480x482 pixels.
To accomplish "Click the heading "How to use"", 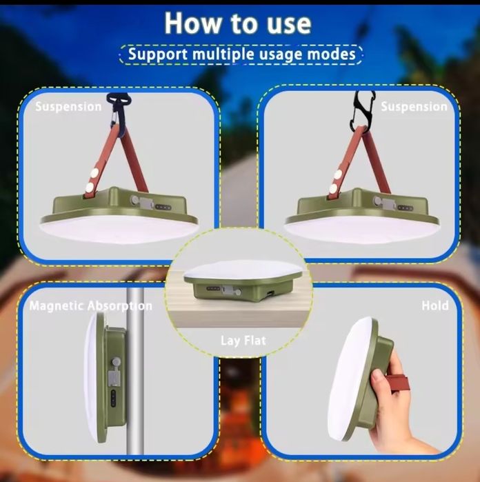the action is (x=238, y=23).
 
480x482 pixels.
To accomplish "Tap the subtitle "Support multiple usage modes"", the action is (x=241, y=54).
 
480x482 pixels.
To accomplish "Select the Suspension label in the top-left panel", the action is (x=68, y=107).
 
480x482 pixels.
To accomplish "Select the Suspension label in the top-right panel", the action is (x=414, y=107).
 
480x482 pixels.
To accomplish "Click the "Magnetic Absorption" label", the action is (x=91, y=306).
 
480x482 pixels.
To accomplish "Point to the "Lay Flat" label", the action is (x=243, y=341).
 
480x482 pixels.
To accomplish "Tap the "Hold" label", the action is (x=435, y=305).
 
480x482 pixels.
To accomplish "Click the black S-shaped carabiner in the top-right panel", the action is (x=362, y=111).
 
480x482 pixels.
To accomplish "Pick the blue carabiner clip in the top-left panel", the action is (x=118, y=112).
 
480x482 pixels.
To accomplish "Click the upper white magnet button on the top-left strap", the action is (x=94, y=173).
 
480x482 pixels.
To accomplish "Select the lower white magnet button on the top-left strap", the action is (x=90, y=187).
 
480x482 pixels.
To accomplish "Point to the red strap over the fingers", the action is (x=398, y=383).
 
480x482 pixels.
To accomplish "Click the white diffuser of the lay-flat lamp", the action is (x=243, y=269).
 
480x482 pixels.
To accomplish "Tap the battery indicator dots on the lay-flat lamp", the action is (x=213, y=289).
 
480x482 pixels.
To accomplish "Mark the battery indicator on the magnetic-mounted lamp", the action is (x=114, y=399).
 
